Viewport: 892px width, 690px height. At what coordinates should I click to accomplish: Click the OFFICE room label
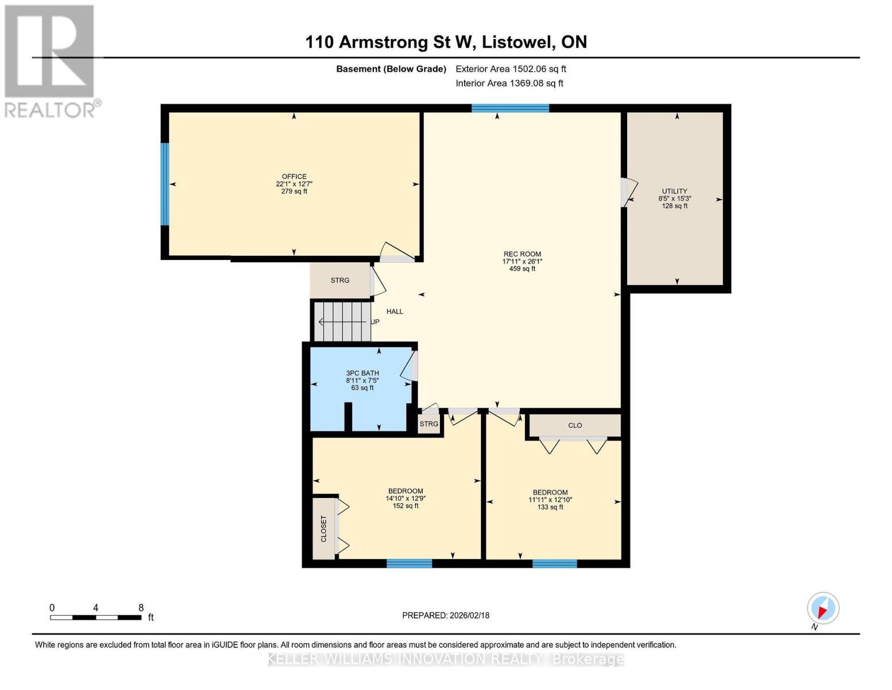click(x=294, y=177)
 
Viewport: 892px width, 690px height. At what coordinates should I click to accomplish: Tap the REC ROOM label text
click(x=522, y=254)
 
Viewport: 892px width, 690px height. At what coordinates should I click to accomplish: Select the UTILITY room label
click(x=674, y=191)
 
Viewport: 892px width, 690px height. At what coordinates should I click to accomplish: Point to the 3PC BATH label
click(x=362, y=373)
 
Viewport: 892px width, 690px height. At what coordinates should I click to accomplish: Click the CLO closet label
click(x=575, y=425)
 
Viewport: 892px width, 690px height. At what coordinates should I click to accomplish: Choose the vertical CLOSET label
click(x=323, y=528)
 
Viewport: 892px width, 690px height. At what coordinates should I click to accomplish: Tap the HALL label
click(x=395, y=312)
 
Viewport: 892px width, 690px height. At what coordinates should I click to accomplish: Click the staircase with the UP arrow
click(x=342, y=322)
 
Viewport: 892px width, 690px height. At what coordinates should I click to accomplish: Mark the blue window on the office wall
click(x=165, y=184)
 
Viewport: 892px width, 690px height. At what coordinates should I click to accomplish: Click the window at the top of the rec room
click(x=510, y=108)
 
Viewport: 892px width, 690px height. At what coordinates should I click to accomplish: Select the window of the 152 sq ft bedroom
click(x=410, y=563)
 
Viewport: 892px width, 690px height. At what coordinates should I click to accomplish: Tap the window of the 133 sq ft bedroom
click(x=555, y=563)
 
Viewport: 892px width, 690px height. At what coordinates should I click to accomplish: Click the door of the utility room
click(x=628, y=192)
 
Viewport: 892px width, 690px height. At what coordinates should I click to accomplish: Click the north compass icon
click(x=823, y=608)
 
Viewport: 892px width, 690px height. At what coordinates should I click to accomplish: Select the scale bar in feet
click(x=96, y=617)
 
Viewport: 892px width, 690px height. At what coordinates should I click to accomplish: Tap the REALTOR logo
click(x=51, y=62)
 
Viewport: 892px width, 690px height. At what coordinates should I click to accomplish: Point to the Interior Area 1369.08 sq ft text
click(x=509, y=83)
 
